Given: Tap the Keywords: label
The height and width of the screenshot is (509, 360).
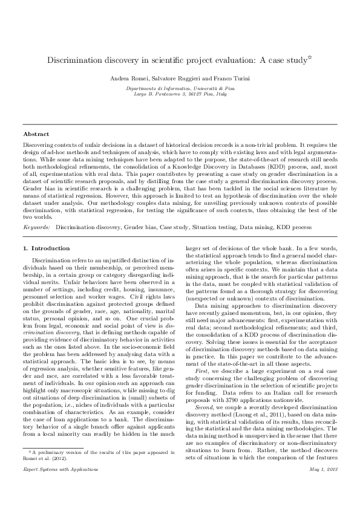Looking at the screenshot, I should (36, 227).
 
